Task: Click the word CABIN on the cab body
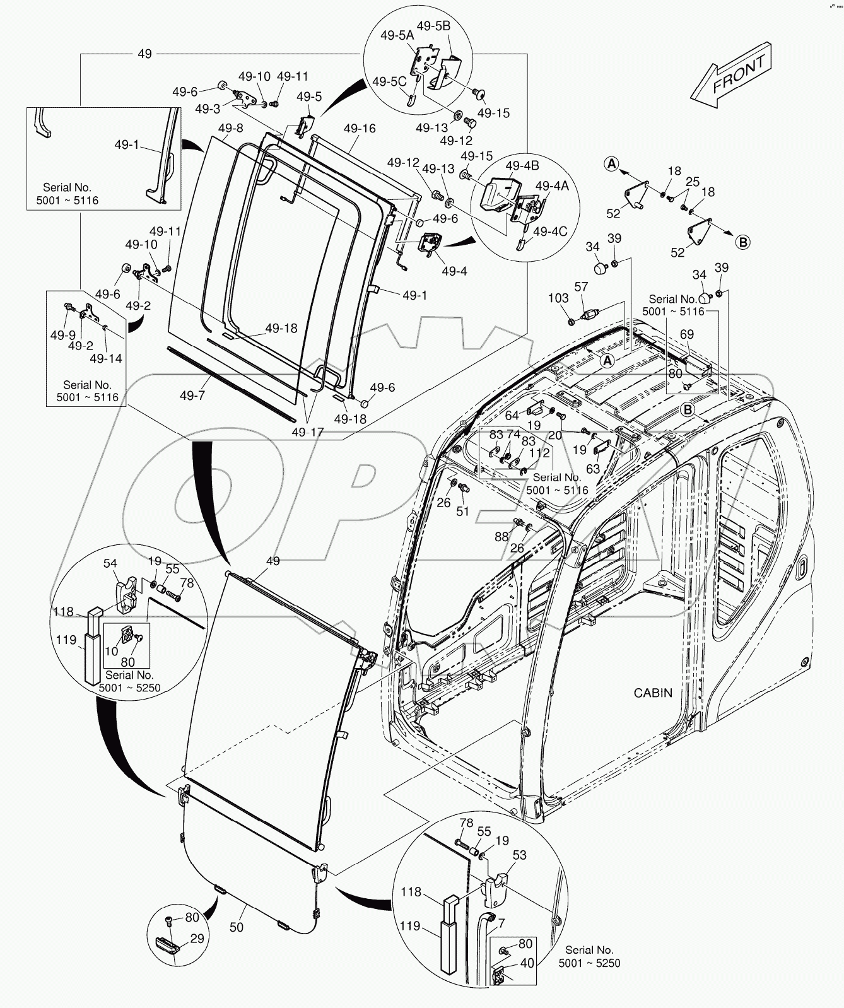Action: coord(653,693)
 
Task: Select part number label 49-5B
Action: coord(451,26)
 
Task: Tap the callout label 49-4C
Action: coord(550,231)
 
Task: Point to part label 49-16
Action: coord(360,129)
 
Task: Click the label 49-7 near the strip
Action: coord(192,396)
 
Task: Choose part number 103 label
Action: coord(558,298)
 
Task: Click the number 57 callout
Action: coord(581,287)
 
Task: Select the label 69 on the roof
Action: coord(686,334)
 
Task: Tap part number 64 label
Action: coord(512,415)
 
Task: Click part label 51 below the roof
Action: coord(463,511)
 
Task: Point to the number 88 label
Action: coord(501,536)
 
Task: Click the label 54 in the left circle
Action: coord(110,563)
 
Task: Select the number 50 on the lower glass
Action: coord(237,927)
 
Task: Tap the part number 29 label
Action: coord(197,939)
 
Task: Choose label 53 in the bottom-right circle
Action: coord(520,855)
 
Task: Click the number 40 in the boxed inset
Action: coord(527,963)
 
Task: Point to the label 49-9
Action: coord(62,335)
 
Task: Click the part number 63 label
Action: coord(593,469)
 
